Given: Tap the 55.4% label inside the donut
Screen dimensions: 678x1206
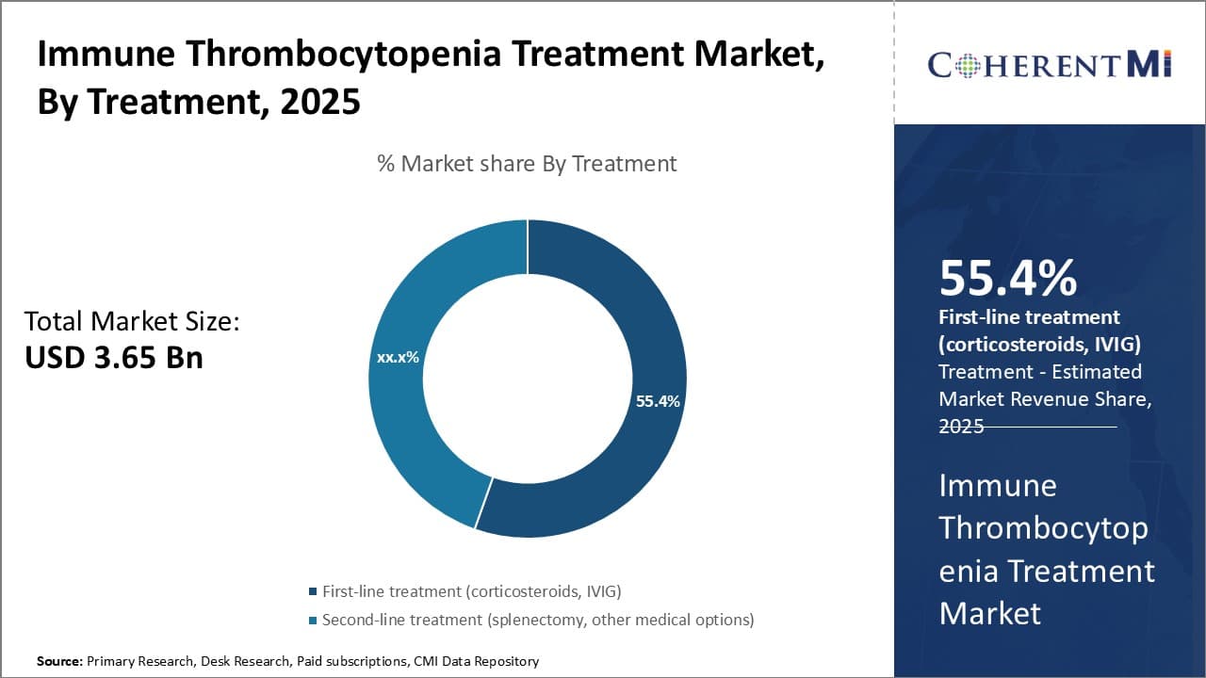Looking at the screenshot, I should click(x=658, y=401).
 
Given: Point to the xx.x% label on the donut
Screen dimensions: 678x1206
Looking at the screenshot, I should click(x=398, y=358).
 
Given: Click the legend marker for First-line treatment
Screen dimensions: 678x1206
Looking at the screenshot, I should click(x=313, y=592).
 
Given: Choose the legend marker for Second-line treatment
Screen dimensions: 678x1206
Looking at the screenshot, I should click(x=313, y=621).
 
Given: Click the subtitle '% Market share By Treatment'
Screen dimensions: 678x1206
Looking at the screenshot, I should click(x=527, y=163).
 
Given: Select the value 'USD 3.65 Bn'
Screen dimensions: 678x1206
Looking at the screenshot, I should click(x=113, y=358).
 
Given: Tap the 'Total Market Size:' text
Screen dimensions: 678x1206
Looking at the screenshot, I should click(x=132, y=321).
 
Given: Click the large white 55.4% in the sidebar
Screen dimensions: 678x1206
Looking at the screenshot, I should click(x=1007, y=278).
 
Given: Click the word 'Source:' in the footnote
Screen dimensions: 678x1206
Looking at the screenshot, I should click(x=59, y=662).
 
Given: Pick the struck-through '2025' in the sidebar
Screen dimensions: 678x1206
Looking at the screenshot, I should click(x=961, y=427).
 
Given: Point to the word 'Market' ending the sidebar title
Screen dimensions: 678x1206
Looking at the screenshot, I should click(x=989, y=613).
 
